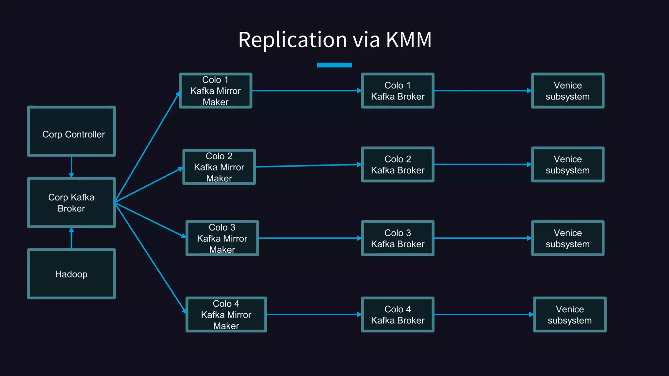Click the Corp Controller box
coord(71,131)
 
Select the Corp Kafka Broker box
coord(71,203)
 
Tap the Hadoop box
coord(71,274)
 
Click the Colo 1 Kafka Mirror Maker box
coord(216,91)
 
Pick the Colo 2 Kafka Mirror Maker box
coord(219,167)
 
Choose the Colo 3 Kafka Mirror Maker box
coord(222,238)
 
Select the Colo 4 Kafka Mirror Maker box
coord(226,315)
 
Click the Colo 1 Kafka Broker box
coord(398,91)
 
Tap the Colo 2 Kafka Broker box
coord(398,164)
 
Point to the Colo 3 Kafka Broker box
coord(398,238)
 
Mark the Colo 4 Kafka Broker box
coord(398,315)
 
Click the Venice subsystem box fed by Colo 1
coord(568,91)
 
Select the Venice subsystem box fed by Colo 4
coord(570,315)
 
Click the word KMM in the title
coord(409,40)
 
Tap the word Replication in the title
coord(292,40)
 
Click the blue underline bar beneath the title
coord(334,65)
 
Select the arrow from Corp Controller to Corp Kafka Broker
coord(71,167)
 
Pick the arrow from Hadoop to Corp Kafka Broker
coord(71,239)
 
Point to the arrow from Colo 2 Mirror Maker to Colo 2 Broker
coord(308,166)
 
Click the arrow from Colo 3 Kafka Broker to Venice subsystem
coord(482,238)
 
